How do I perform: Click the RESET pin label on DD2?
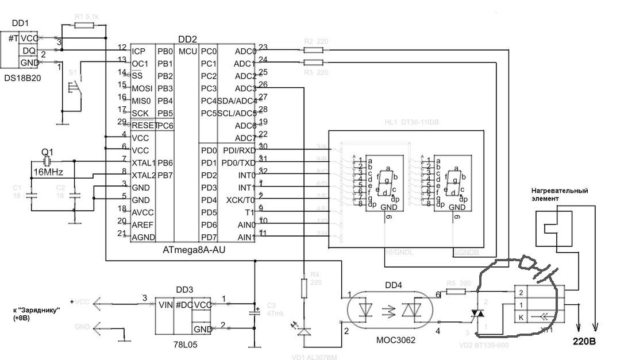[144, 125]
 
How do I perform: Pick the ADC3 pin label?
[245, 88]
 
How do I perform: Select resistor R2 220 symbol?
[313, 50]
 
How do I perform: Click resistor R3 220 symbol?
[313, 63]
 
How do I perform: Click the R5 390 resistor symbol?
[456, 292]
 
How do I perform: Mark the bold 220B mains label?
[585, 341]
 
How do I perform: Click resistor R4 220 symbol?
[303, 287]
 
